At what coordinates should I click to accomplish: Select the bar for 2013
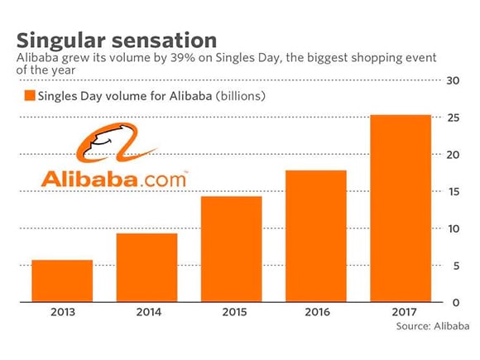62,281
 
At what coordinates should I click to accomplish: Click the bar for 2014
147,267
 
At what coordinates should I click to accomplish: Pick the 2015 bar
232,249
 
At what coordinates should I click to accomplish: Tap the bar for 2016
316,236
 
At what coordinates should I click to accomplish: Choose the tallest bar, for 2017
401,209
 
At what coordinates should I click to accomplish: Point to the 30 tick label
453,80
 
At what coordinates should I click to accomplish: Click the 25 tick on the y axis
454,118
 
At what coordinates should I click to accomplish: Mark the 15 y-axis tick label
454,192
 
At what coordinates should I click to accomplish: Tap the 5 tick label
456,266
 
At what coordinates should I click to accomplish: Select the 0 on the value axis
456,302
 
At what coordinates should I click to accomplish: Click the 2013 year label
63,312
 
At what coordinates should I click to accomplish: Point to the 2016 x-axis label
318,312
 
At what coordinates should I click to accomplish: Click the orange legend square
30,95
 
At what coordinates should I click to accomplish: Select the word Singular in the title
61,41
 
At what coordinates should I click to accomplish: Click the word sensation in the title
165,41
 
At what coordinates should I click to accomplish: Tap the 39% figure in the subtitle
182,58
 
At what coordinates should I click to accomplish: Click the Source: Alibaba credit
433,326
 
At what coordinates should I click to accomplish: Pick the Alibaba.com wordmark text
113,179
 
